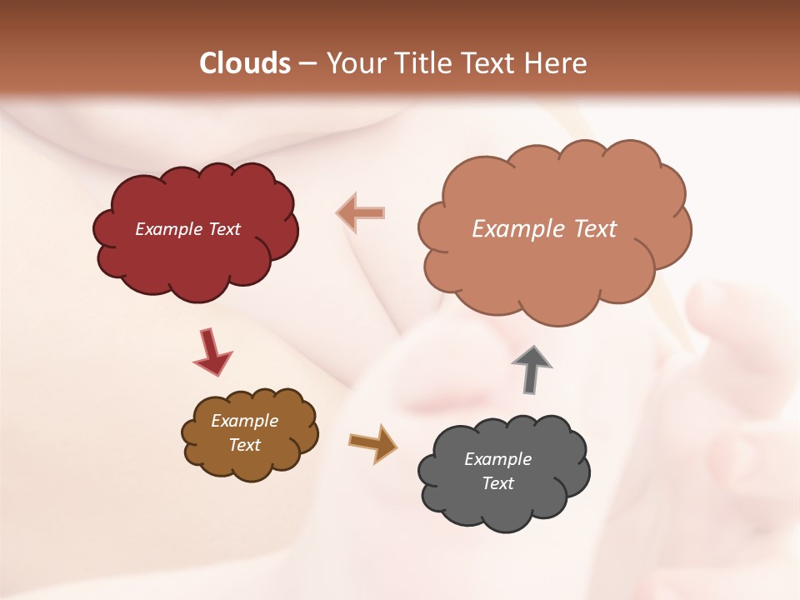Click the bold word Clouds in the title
tap(245, 63)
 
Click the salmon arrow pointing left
tap(361, 213)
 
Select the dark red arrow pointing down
tap(212, 352)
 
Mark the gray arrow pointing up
tap(531, 370)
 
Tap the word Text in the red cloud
tap(223, 229)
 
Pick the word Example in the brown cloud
tap(244, 421)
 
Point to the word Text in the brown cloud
tap(244, 445)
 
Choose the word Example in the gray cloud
tap(497, 459)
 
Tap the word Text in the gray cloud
tap(497, 483)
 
